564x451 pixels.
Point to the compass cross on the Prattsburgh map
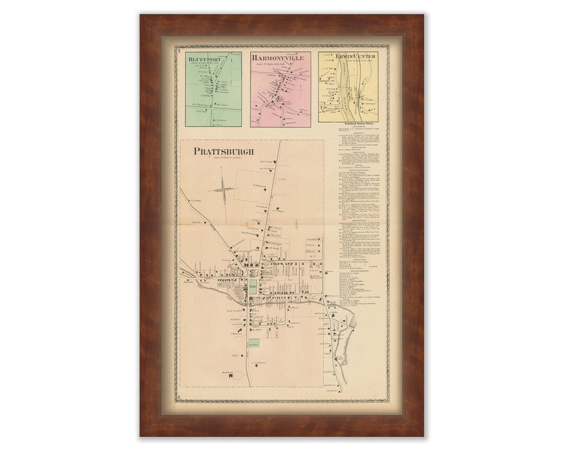tap(222, 189)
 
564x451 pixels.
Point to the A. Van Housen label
tap(260, 362)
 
